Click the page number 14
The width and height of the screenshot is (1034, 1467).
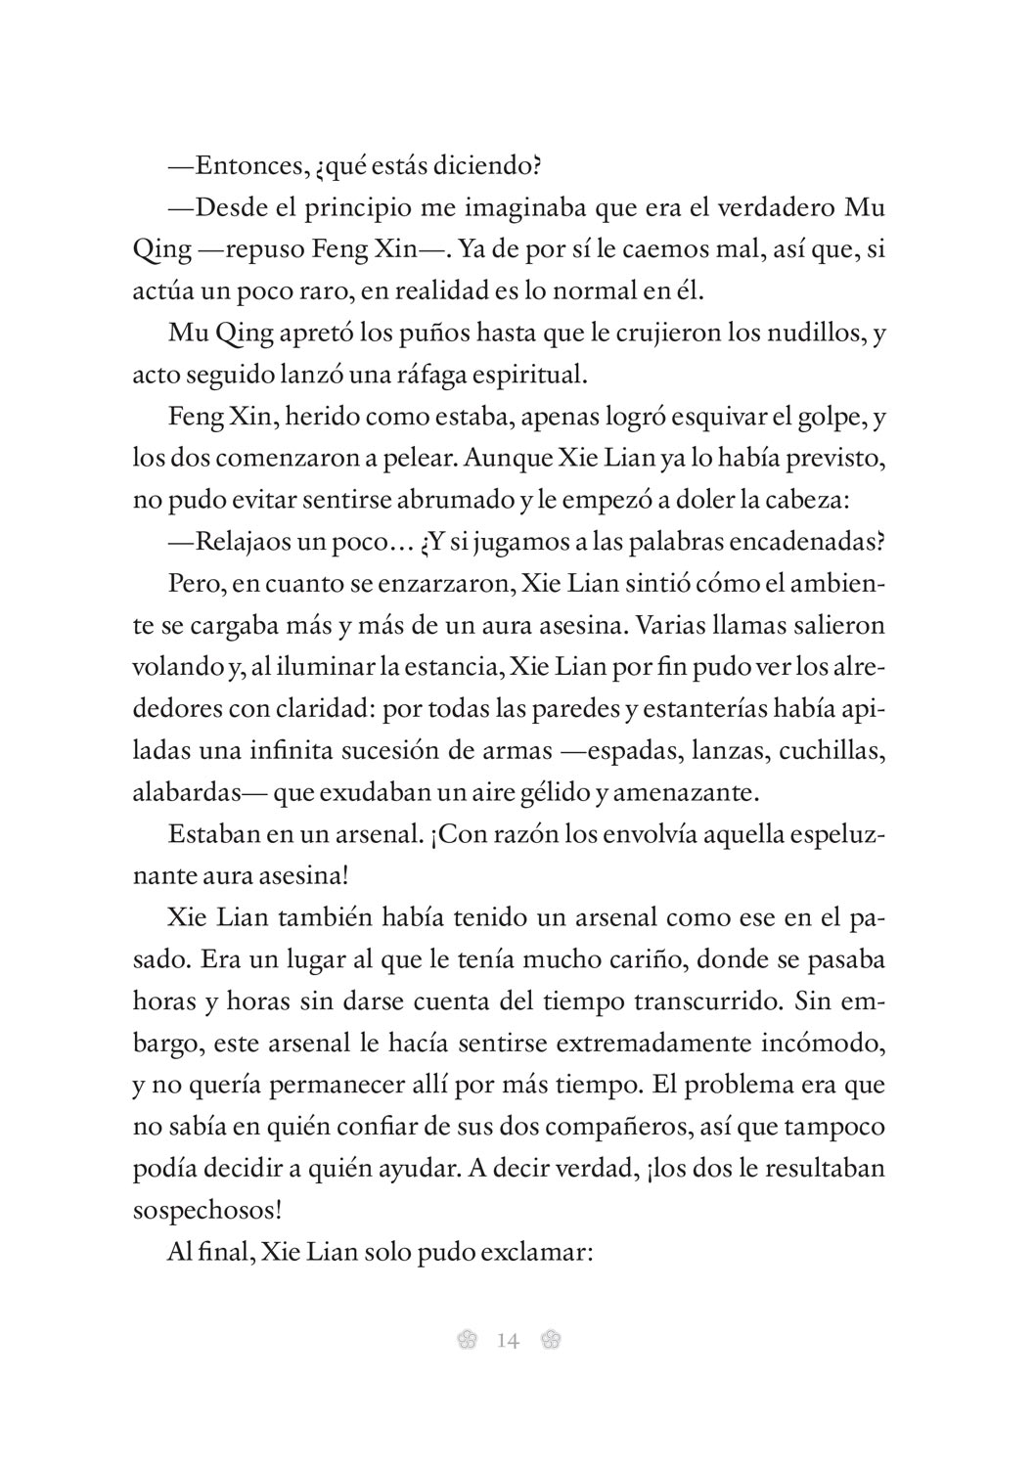[508, 1340]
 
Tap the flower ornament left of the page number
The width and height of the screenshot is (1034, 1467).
[467, 1340]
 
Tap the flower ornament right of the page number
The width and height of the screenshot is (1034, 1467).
[550, 1340]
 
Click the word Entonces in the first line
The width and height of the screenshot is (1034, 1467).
[241, 165]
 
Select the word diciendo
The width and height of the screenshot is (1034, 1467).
[494, 165]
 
